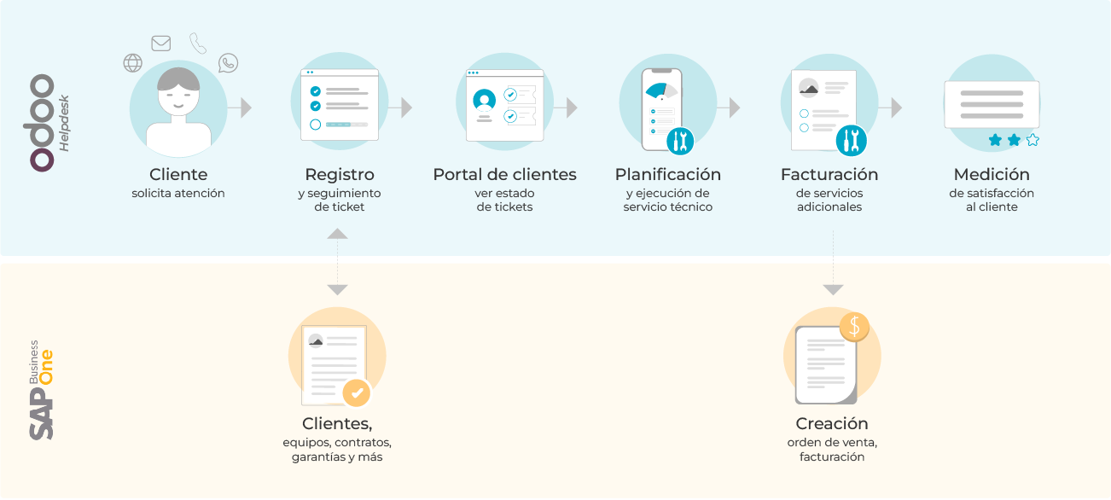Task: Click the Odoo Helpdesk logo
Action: click(50, 122)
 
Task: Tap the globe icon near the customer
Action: click(132, 62)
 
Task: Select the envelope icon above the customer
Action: click(160, 44)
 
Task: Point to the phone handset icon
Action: click(198, 43)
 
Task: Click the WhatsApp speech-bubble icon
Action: click(228, 62)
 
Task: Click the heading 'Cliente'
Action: click(178, 175)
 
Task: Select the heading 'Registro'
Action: click(339, 175)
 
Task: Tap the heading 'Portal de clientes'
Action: click(504, 175)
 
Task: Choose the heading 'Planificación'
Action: click(667, 175)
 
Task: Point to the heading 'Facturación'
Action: click(829, 175)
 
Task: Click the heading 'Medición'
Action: click(991, 175)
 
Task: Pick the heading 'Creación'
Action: click(831, 424)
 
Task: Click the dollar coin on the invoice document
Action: click(853, 326)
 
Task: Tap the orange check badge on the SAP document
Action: click(357, 392)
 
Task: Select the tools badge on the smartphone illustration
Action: click(680, 140)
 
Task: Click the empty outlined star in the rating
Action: click(1032, 140)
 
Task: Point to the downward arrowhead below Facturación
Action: click(833, 289)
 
